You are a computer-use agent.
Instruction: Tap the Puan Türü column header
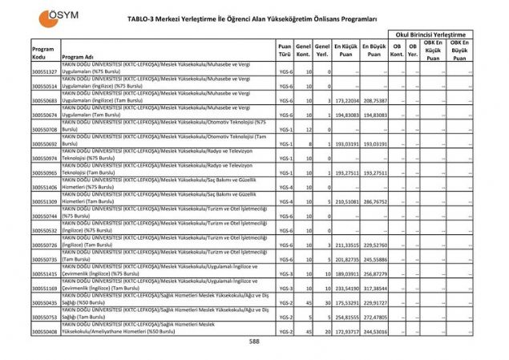(285, 52)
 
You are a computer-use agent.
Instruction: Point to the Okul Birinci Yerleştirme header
(430, 34)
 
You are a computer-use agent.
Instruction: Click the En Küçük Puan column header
(345, 52)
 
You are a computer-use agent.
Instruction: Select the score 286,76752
(374, 201)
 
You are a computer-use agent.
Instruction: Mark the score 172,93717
(345, 331)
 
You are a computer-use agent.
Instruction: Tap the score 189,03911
(345, 273)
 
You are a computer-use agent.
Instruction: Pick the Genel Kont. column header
(304, 52)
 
